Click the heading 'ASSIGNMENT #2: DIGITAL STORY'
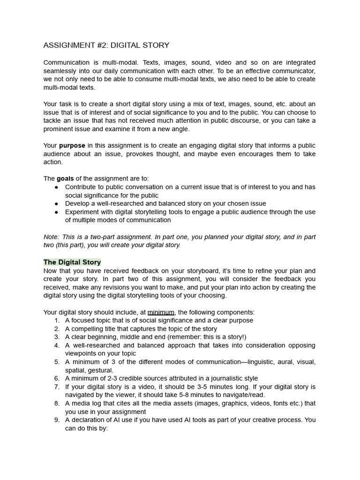pyautogui.click(x=106, y=45)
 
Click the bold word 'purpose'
pyautogui.click(x=72, y=146)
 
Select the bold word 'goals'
pyautogui.click(x=65, y=179)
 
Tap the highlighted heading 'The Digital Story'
pyautogui.click(x=72, y=262)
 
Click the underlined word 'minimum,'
pyautogui.click(x=162, y=312)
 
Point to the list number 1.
pyautogui.click(x=57, y=321)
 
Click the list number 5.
pyautogui.click(x=57, y=362)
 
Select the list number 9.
pyautogui.click(x=57, y=420)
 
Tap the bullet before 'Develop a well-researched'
pyautogui.click(x=56, y=203)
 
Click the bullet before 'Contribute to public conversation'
pyautogui.click(x=56, y=187)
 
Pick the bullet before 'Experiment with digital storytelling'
pyautogui.click(x=56, y=212)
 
